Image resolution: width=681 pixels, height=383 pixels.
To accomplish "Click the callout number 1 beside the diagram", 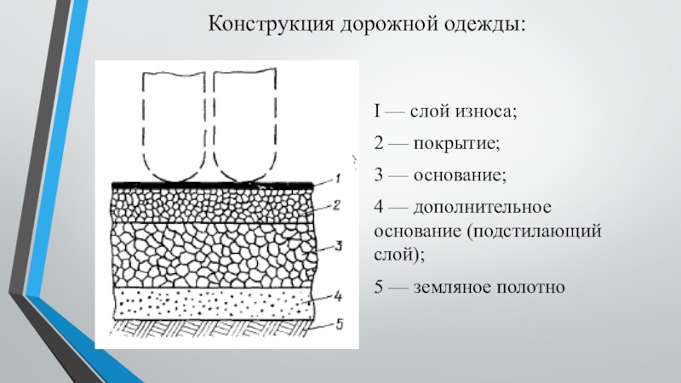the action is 337,179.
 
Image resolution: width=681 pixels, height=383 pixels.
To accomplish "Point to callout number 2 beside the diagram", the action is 337,205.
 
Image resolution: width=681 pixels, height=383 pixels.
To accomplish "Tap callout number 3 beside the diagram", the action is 338,247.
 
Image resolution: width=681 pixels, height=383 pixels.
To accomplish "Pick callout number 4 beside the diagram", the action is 338,296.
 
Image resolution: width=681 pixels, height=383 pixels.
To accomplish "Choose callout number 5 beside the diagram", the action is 338,323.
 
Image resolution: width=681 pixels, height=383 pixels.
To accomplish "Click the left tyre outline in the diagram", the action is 175,123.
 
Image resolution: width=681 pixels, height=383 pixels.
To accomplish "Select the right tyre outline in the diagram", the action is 245,123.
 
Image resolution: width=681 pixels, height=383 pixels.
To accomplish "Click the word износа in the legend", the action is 489,111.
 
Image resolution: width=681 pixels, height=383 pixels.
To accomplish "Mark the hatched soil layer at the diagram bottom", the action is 213,324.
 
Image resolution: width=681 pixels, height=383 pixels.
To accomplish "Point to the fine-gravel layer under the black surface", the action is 213,205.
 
